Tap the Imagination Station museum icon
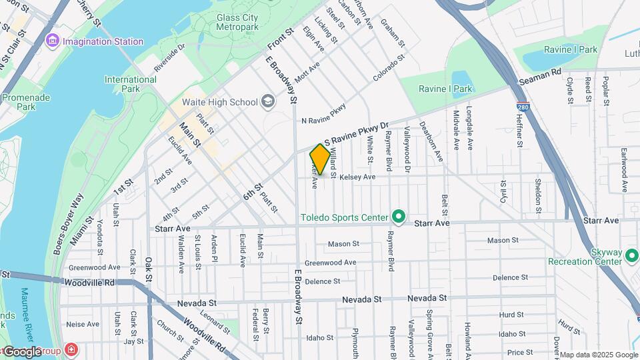tap(53, 41)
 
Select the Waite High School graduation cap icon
tap(268, 102)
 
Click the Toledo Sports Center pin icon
tap(399, 217)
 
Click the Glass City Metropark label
tap(237, 22)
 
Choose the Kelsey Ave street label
tap(357, 177)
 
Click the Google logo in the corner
tap(23, 351)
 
